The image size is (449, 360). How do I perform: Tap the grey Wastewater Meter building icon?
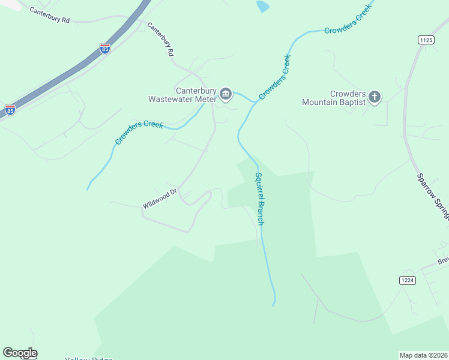(x=226, y=94)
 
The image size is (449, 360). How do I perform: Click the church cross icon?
(x=375, y=97)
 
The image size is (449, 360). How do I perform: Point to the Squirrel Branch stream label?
(x=259, y=199)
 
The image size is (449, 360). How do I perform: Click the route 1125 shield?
(x=426, y=40)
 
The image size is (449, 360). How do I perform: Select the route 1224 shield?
(x=408, y=280)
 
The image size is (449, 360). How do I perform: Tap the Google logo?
(x=20, y=353)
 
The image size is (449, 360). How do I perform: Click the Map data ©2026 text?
(x=423, y=355)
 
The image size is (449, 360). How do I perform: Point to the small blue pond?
(x=262, y=7)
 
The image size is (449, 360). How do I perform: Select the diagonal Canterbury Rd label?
(x=161, y=40)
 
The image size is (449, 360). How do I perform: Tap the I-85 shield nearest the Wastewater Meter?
(x=105, y=49)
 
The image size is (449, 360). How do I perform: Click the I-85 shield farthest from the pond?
(x=10, y=110)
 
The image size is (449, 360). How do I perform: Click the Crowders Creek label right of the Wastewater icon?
(x=275, y=77)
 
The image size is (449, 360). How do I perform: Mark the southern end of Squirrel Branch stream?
(x=274, y=304)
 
